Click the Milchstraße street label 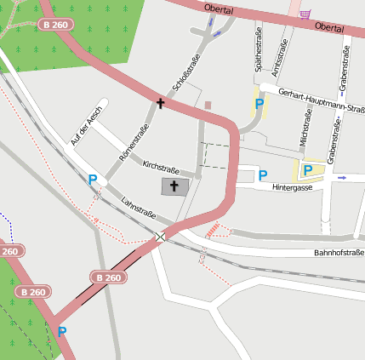coord(307,128)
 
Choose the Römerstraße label coord(135,142)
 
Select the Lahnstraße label coord(138,208)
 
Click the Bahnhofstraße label coord(339,253)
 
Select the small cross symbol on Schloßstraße coord(159,103)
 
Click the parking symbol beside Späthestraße coord(259,104)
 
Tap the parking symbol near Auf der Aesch coord(92,180)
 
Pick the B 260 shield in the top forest coord(55,26)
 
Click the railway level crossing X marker coord(161,237)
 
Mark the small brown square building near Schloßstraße coord(208,106)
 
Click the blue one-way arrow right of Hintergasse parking coord(342,178)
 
